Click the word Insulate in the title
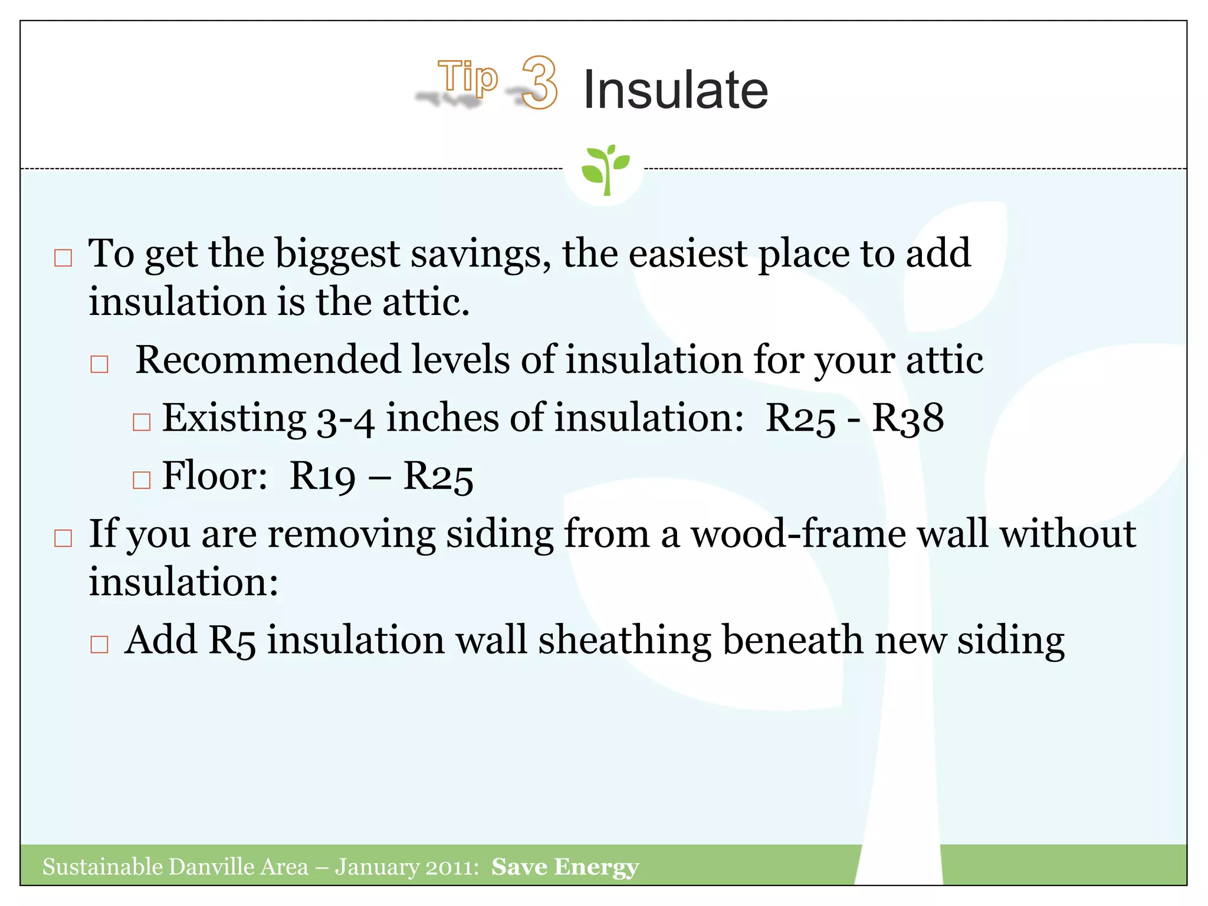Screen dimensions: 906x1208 click(675, 90)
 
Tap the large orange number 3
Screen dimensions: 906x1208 click(539, 83)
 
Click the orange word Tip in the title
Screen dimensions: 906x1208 click(468, 77)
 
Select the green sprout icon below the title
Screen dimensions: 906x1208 click(605, 169)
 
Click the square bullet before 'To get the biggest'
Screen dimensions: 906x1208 click(63, 258)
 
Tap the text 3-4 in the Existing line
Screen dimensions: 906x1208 click(346, 419)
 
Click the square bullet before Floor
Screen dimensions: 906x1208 click(142, 480)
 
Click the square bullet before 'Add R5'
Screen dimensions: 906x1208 click(99, 644)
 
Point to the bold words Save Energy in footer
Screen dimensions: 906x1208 click(565, 866)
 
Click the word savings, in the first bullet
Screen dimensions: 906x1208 click(481, 254)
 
